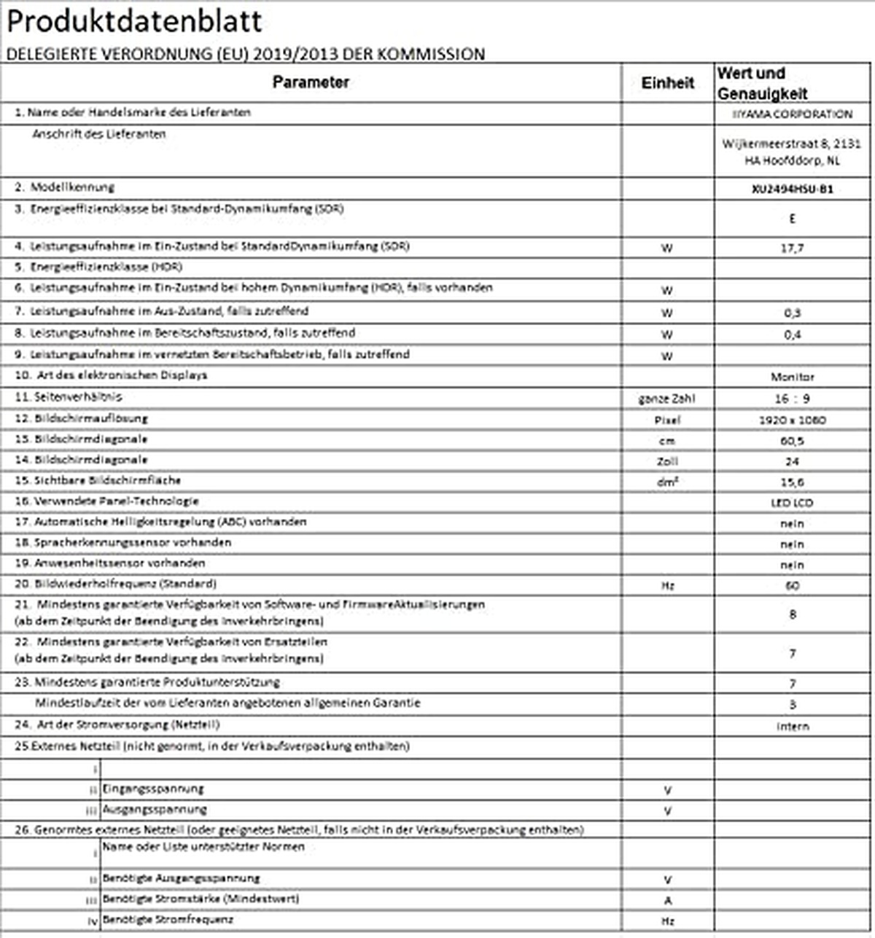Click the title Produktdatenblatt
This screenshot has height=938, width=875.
(x=133, y=22)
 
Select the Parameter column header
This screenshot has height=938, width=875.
(x=311, y=82)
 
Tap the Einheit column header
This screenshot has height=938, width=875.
(x=667, y=83)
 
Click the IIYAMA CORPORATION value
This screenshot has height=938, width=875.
(x=792, y=114)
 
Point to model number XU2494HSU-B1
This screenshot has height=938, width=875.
(x=792, y=189)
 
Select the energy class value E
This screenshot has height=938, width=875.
(x=793, y=219)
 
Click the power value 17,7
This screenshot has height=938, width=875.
(x=792, y=248)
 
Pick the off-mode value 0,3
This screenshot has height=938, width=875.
(x=793, y=313)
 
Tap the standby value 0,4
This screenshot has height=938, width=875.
(x=793, y=335)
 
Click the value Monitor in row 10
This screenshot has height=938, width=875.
(x=792, y=377)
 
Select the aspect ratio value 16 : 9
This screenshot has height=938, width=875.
(x=792, y=399)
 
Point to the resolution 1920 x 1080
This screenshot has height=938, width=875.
(x=792, y=420)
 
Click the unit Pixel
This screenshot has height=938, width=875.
(x=667, y=420)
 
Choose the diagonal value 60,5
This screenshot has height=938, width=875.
(x=792, y=441)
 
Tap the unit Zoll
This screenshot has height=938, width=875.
(x=667, y=461)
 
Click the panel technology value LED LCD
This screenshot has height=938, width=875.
(x=792, y=503)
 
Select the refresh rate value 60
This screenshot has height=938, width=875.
(x=793, y=585)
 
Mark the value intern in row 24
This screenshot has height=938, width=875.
(x=792, y=726)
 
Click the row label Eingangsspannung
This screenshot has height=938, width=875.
(x=153, y=789)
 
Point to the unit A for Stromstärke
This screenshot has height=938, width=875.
(x=667, y=901)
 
